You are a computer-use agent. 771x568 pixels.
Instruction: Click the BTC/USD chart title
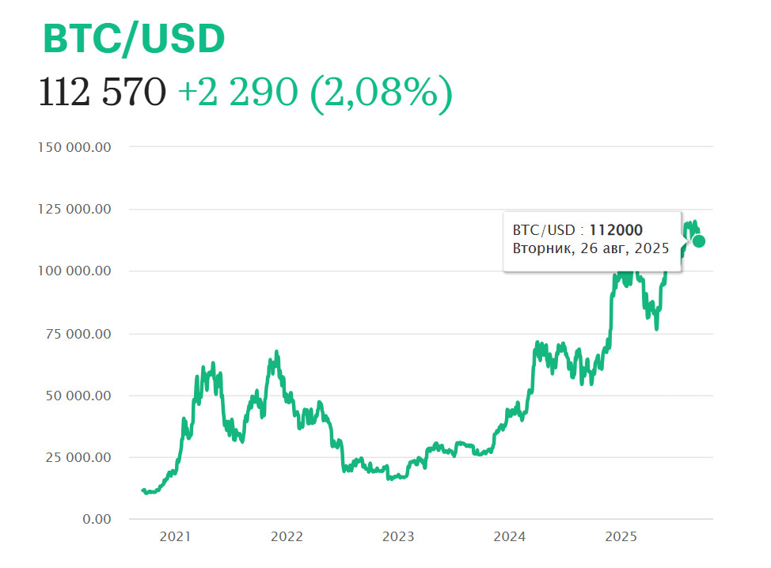coord(134,38)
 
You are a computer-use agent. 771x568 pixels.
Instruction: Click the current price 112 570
coord(102,93)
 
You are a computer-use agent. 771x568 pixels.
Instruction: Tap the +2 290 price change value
coord(237,93)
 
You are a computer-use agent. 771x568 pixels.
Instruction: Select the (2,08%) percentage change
coord(381,93)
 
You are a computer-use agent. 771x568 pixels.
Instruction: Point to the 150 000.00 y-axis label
coord(74,147)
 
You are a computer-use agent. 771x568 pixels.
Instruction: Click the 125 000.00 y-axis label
coord(74,210)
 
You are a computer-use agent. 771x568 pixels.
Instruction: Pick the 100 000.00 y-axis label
coord(74,271)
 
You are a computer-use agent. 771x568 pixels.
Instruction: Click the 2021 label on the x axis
coord(175,537)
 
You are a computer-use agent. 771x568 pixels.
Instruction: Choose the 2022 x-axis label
coord(287,537)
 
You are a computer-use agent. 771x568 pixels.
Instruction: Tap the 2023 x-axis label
coord(398,537)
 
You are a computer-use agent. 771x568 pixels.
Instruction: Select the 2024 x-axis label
coord(510,537)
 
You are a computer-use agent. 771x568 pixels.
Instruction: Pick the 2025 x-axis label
coord(621,537)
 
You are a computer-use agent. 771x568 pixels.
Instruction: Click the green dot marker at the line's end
coord(699,241)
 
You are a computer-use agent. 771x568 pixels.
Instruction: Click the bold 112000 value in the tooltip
coord(616,230)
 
